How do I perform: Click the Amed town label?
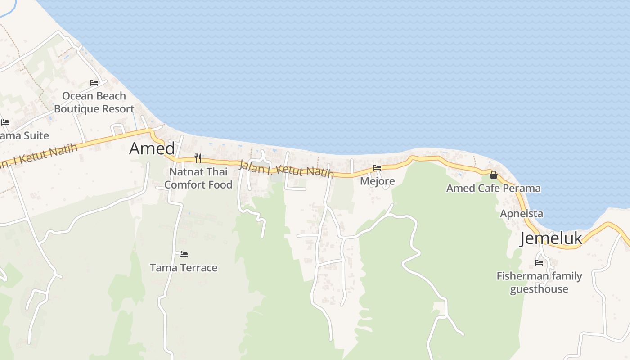[152, 148]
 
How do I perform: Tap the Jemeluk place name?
[551, 239]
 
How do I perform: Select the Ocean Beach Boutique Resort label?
[94, 102]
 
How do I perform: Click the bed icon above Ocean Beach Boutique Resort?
[94, 83]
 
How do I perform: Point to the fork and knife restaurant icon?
[198, 158]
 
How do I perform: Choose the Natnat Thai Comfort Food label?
[198, 178]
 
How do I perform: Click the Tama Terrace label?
[184, 268]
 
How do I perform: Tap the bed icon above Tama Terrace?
[183, 254]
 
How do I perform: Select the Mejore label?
[378, 181]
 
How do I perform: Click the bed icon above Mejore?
[377, 167]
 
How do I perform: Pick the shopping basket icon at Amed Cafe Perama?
[494, 175]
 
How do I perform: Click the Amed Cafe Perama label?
[494, 188]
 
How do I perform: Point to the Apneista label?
[522, 214]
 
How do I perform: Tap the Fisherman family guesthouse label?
[539, 282]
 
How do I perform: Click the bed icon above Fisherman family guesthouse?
[539, 262]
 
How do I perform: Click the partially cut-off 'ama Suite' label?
[24, 135]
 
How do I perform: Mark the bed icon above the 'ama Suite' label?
[5, 122]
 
